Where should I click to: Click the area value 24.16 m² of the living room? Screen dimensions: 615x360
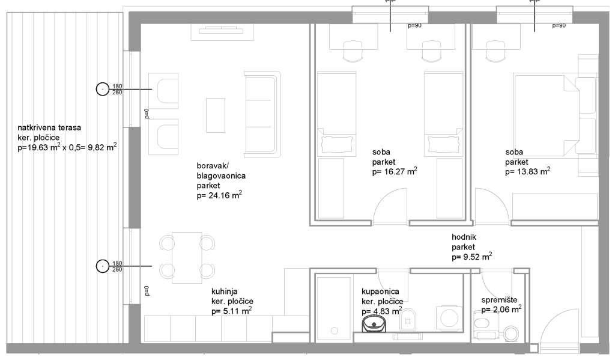click(x=219, y=195)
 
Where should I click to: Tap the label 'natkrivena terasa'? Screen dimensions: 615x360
click(x=49, y=127)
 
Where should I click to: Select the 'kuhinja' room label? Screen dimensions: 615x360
click(x=225, y=291)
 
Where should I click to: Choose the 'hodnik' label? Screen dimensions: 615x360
click(x=464, y=237)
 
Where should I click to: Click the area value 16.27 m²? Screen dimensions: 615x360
click(x=395, y=171)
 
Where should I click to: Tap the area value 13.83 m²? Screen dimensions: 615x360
click(x=527, y=171)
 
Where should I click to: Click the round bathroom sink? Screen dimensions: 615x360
click(x=375, y=323)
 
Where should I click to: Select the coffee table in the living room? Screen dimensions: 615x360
click(x=216, y=115)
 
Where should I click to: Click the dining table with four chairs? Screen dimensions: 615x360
click(x=187, y=258)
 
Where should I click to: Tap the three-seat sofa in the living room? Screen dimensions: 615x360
click(x=262, y=115)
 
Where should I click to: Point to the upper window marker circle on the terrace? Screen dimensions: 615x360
click(x=103, y=89)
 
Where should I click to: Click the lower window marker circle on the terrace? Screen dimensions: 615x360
click(x=103, y=266)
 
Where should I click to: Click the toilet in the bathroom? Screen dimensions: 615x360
click(x=408, y=319)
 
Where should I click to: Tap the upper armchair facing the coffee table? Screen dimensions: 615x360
click(x=163, y=91)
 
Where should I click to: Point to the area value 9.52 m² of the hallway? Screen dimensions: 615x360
click(x=472, y=257)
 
